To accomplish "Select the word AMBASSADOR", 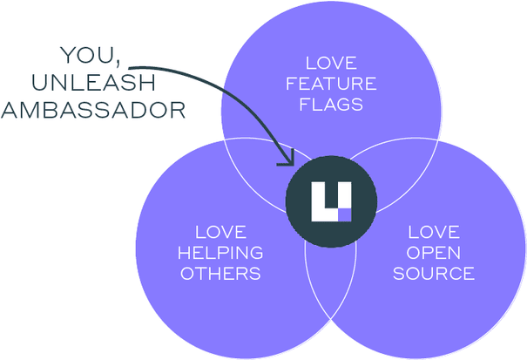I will click(93, 111).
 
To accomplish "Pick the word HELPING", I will click(220, 253).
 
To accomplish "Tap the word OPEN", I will click(434, 253).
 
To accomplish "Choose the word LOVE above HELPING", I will click(221, 232).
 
